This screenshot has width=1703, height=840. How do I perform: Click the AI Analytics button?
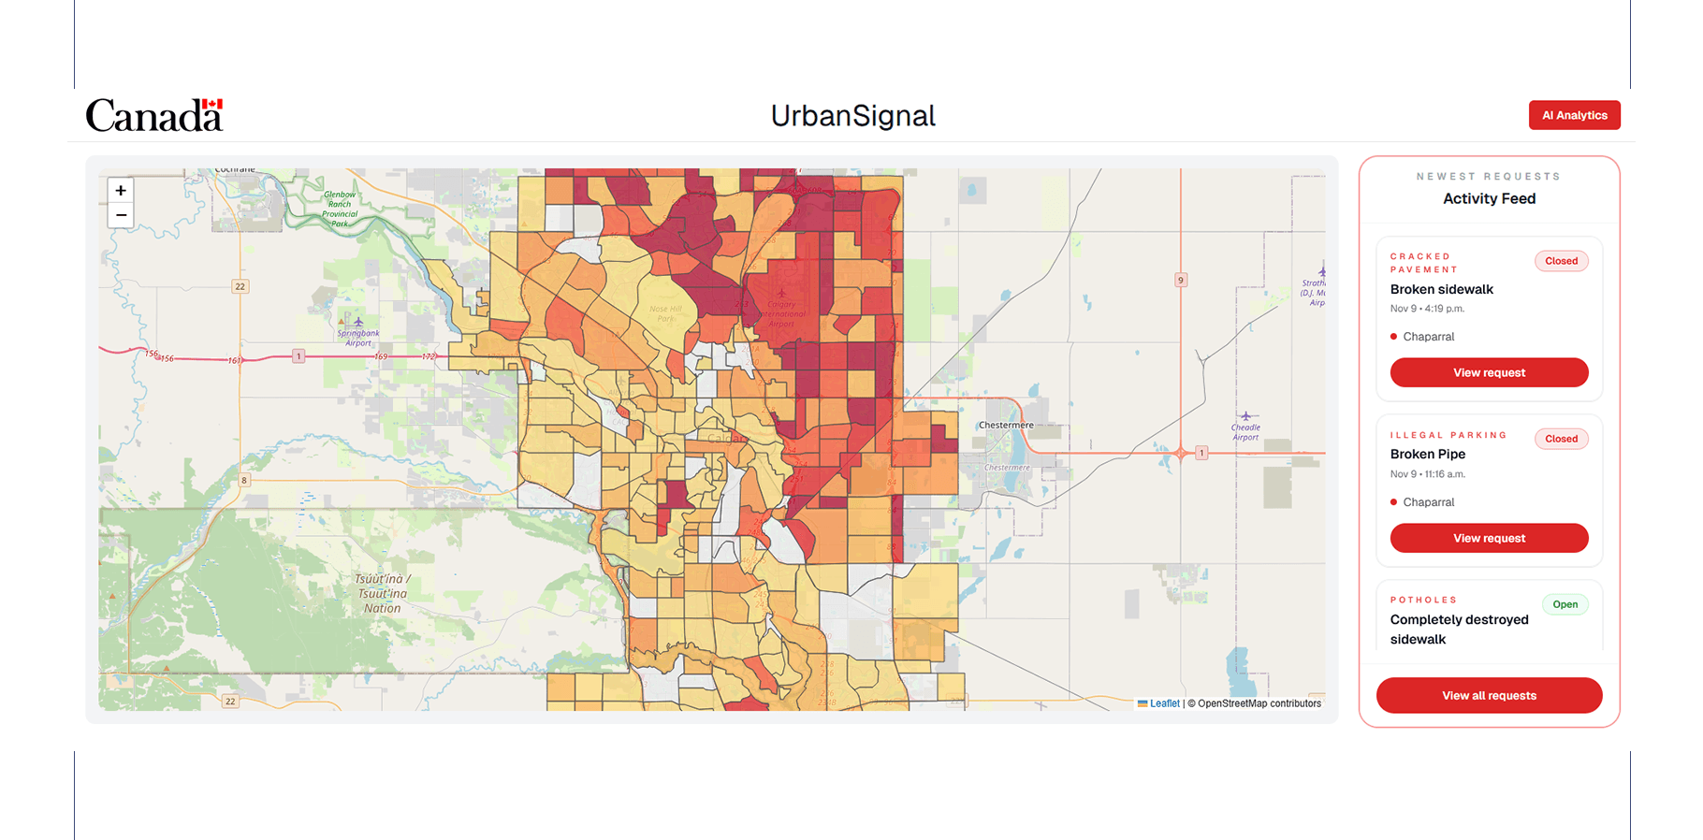[1574, 115]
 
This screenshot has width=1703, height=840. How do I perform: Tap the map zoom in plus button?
[121, 191]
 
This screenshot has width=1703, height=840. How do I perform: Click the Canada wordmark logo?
[154, 115]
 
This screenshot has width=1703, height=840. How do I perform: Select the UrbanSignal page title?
[852, 116]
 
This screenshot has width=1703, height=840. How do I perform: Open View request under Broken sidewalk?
[1489, 372]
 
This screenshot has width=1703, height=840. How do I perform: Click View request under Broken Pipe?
[1489, 538]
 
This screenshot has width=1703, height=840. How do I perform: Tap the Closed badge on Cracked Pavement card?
[1561, 261]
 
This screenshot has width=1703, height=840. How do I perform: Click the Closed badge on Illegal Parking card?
[1561, 439]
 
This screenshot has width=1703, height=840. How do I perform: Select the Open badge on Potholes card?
[1565, 604]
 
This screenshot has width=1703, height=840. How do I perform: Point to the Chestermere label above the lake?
[1006, 425]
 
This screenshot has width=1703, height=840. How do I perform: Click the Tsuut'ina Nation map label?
[383, 594]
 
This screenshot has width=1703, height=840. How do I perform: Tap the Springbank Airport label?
[358, 338]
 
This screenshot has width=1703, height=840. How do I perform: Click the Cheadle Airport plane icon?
[1245, 416]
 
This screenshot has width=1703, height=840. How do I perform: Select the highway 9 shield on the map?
[1181, 280]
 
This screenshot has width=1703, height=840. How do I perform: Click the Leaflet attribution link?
[1164, 703]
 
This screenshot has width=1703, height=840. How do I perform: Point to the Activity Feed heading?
[1489, 198]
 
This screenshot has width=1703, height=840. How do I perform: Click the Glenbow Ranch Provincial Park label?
[340, 209]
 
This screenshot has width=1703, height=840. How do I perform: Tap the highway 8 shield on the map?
[244, 480]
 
